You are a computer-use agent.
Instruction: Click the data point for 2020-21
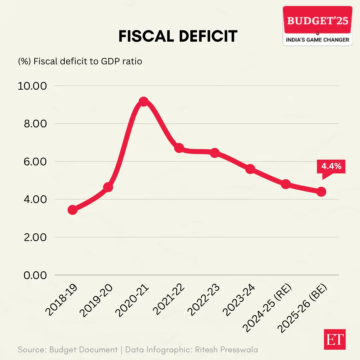144,102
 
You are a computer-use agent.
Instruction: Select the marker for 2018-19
73,210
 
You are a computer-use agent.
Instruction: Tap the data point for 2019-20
108,187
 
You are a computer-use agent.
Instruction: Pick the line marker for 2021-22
179,148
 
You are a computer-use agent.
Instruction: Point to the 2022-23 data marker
215,153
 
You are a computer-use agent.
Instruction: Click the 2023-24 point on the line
250,169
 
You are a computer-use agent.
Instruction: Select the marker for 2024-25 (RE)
286,184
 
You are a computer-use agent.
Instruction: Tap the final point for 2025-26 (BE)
321,192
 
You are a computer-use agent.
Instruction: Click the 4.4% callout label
331,166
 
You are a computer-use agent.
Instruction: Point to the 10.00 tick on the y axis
32,86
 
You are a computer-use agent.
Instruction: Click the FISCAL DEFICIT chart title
178,36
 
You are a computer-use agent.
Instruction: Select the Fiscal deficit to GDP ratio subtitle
80,62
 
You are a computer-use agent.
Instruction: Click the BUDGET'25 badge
317,26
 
